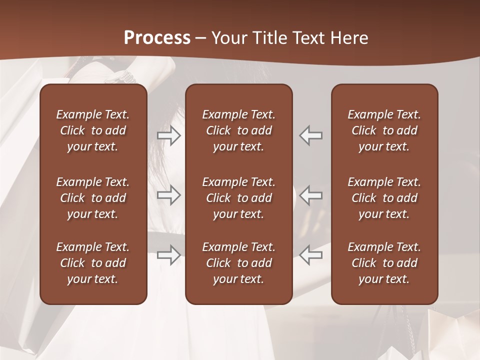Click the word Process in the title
point(157,38)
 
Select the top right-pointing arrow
point(169,135)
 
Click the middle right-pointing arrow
point(169,195)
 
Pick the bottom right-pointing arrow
point(169,255)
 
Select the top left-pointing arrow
point(311,135)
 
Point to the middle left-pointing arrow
point(311,195)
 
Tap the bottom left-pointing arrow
point(311,255)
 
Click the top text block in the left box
point(93,130)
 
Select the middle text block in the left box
point(93,198)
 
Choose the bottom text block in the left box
point(93,263)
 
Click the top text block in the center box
point(238,130)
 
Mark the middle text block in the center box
point(238,198)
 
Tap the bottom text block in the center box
point(238,263)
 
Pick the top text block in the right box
point(384,130)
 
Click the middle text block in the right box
point(384,198)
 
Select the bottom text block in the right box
point(384,263)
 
